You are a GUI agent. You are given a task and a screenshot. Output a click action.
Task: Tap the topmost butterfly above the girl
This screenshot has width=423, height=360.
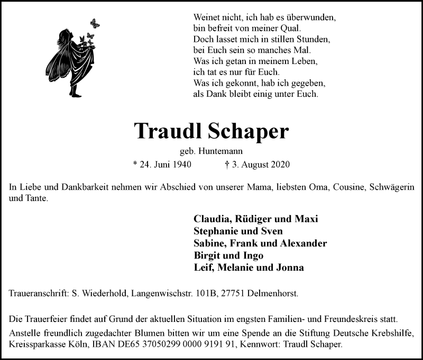(x=95, y=23)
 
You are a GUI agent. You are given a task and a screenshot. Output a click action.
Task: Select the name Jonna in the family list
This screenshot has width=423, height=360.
(x=290, y=267)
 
